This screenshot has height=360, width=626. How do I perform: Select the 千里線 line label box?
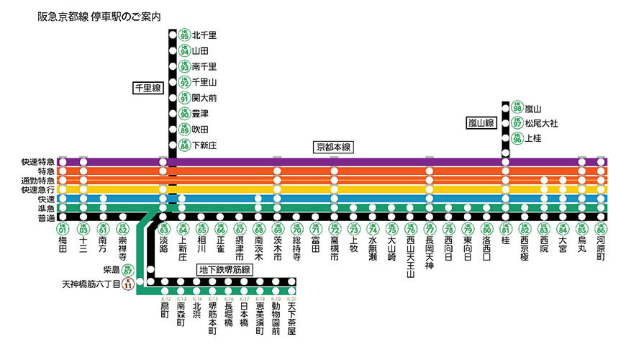coord(148,88)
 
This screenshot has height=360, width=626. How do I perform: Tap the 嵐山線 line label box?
coord(481,123)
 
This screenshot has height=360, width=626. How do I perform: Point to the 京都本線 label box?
coord(332,146)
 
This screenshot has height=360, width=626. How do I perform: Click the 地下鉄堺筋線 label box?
coord(224,269)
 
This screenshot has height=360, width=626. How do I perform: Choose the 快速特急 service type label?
coord(37,162)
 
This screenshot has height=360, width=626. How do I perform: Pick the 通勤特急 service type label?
coord(37,180)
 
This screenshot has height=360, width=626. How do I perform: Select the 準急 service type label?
coord(45,207)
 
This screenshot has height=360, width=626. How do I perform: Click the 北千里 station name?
coord(204,35)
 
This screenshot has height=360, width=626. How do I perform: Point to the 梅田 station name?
coord(63,247)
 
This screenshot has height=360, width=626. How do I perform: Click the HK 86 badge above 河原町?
coord(601,230)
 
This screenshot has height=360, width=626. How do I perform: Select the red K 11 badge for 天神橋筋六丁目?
coord(127,284)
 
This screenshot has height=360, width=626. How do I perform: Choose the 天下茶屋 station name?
coord(291,318)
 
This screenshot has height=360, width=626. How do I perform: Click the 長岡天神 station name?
coord(430,253)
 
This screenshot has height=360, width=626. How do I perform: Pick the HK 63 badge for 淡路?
coord(163,230)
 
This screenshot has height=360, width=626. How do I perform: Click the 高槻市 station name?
coord(335,249)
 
